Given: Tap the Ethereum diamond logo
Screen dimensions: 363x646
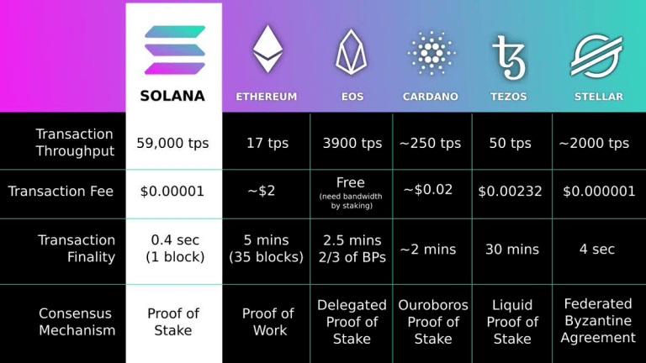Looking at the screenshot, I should coord(267,49).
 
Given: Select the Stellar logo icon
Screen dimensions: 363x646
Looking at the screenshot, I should coord(596,56).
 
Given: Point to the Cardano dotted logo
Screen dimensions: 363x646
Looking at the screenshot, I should coord(431,54).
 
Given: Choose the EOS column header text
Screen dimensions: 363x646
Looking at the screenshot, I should coord(352,97).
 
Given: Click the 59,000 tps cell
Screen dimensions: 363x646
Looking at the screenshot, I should coord(173,144).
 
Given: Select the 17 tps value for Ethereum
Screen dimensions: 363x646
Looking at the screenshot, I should coord(267,144).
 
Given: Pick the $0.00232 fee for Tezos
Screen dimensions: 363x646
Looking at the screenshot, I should coord(511,192).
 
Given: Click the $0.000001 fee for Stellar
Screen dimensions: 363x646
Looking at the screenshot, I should coord(599,192).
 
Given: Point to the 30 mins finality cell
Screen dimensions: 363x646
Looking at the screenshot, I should coord(511,250).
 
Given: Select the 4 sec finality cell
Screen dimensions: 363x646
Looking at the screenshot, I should coord(597,250).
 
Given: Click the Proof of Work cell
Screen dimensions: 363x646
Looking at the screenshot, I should coord(267,322).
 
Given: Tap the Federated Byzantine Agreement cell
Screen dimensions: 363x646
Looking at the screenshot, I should coord(598,320).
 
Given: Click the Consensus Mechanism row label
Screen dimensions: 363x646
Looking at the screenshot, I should coord(77,322).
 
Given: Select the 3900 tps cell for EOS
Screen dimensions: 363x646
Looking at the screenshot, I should coord(352,144).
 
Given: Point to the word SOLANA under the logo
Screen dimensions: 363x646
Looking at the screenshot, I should coord(172,96).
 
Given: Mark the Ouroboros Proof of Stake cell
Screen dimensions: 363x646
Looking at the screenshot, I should coord(432,322).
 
